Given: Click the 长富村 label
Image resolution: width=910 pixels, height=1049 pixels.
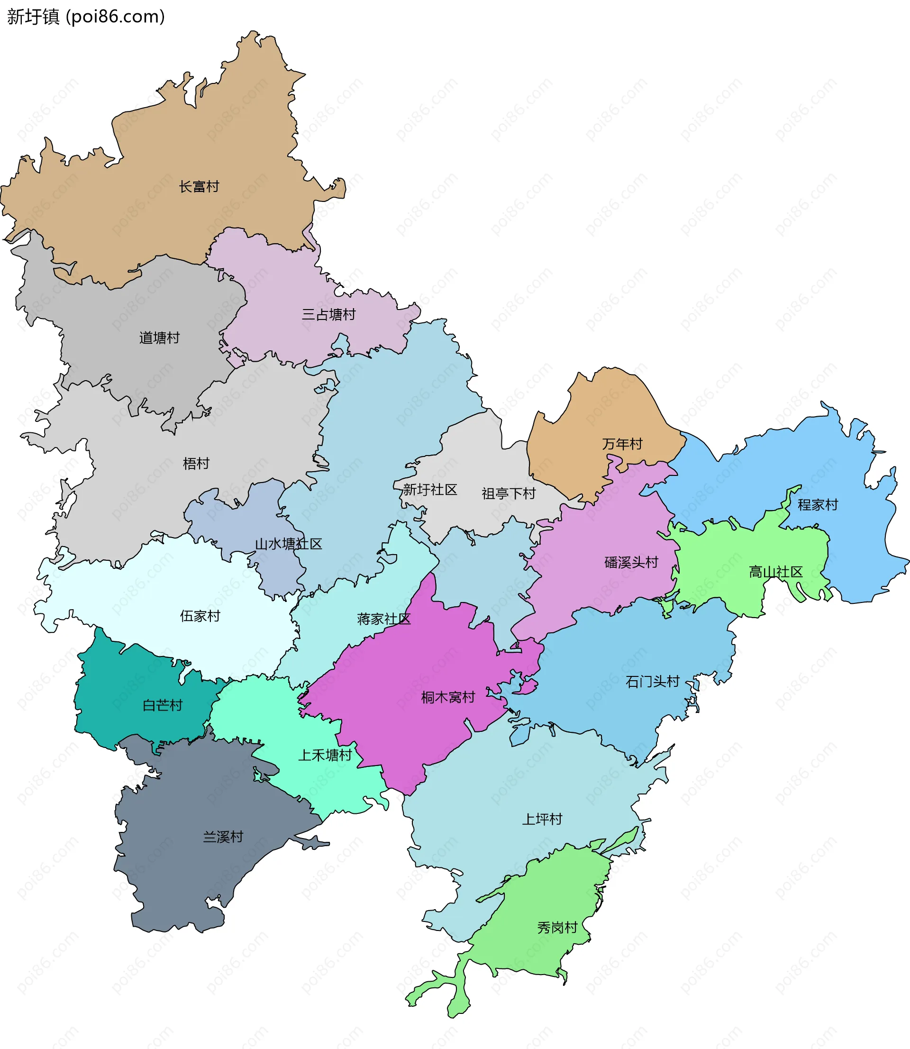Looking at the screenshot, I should click(x=199, y=187).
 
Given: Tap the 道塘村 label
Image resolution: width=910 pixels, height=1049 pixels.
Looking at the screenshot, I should click(x=159, y=338).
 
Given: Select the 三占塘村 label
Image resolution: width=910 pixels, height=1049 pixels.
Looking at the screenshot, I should click(x=328, y=315).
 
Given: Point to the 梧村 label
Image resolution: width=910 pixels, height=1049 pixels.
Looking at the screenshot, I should click(x=196, y=463).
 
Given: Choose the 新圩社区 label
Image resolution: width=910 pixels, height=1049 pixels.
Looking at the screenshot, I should click(x=430, y=490).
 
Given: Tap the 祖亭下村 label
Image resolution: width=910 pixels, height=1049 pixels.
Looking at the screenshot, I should click(x=508, y=493).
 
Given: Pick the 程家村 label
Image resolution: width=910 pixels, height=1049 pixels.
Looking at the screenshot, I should click(x=818, y=505).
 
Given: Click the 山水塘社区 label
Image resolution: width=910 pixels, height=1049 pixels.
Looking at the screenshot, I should click(x=289, y=544).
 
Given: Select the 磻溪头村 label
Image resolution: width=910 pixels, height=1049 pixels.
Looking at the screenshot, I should click(x=631, y=562).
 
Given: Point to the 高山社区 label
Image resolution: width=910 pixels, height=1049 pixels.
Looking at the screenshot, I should click(x=775, y=572).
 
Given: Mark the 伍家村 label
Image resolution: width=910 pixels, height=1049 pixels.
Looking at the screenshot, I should click(x=200, y=616).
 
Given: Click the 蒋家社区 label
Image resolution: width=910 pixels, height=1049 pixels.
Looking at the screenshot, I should click(x=383, y=619).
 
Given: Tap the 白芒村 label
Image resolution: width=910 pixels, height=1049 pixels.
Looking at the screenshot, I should click(x=163, y=705).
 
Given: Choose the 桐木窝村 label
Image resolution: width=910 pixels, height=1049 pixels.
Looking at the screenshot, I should click(x=448, y=697).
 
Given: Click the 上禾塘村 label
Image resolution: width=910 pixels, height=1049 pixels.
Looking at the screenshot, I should click(x=325, y=755).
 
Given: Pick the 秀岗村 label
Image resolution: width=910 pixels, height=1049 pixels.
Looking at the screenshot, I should click(x=557, y=928).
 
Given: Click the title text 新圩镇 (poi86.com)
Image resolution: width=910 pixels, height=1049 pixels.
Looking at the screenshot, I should click(x=86, y=17).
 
